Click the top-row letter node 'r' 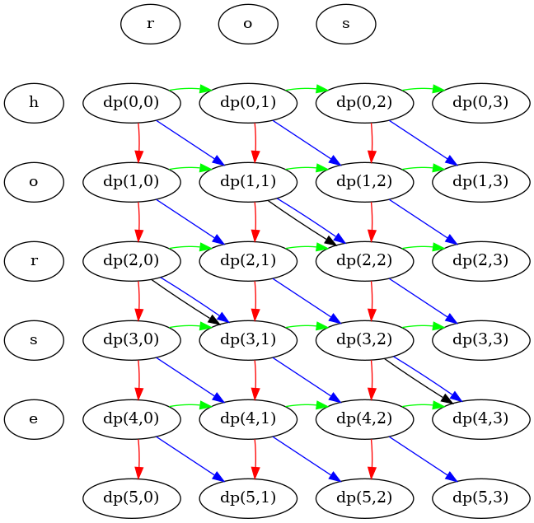point(150,24)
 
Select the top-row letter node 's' point(346,24)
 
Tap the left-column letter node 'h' point(34,103)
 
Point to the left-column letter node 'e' point(34,419)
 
